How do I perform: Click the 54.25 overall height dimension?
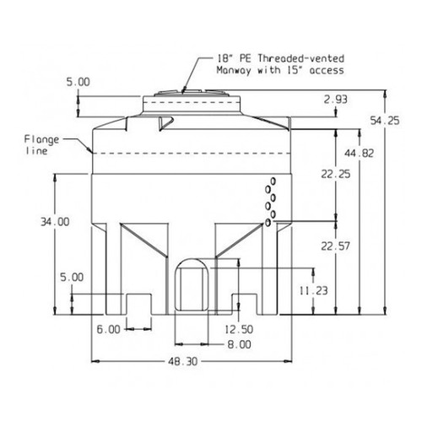385,121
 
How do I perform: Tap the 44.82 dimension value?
360,154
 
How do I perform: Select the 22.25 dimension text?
336,174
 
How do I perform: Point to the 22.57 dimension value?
335,246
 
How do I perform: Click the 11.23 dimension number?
313,290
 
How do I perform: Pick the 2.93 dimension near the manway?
335,100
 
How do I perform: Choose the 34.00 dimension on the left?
55,222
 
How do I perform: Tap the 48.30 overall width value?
183,361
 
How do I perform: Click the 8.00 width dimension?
239,344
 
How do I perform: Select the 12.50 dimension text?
239,329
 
